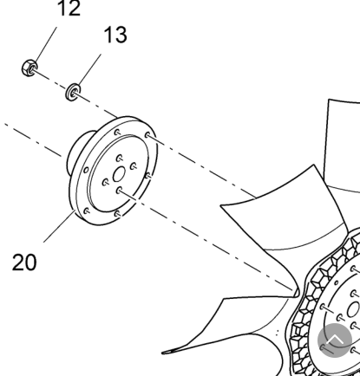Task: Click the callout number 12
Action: [69, 8]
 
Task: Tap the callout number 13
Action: [115, 35]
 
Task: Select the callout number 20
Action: [24, 263]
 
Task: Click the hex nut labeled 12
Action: [29, 68]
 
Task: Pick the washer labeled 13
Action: [73, 92]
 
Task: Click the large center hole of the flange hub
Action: [119, 174]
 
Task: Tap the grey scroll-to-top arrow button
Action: [335, 340]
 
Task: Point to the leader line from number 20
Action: [59, 226]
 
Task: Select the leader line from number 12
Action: [45, 44]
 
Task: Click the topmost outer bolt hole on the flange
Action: [117, 133]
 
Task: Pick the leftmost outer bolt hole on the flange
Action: [86, 170]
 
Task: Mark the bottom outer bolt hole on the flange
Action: [116, 214]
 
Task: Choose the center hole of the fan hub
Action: [353, 309]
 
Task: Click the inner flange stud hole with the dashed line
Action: [119, 191]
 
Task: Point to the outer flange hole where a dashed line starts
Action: [147, 135]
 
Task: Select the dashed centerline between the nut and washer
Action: [51, 80]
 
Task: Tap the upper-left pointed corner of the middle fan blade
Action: [221, 206]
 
